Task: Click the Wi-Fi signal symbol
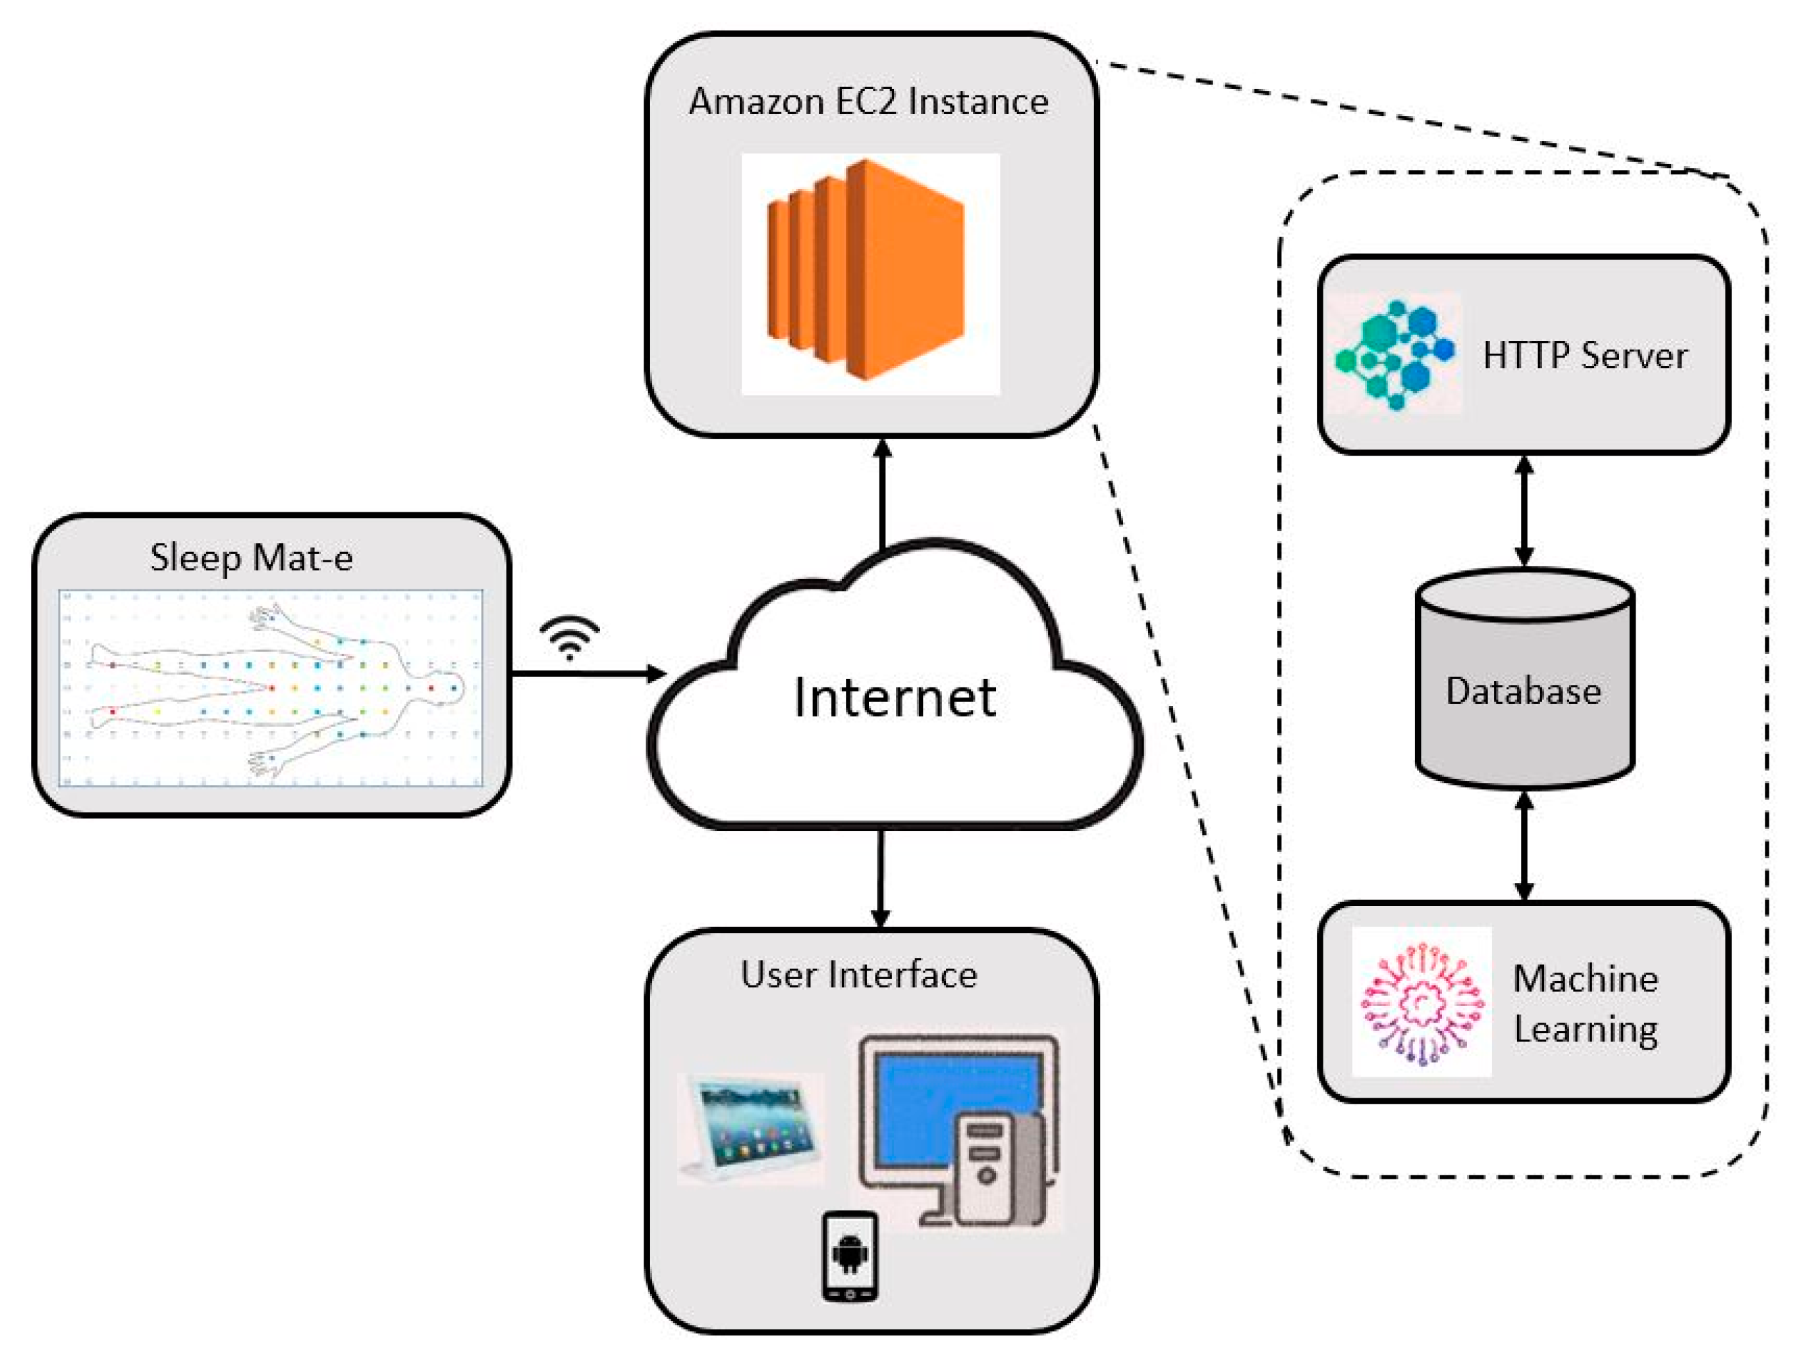[570, 636]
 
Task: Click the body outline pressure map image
[271, 689]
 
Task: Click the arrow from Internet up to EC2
[882, 494]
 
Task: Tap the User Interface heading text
[858, 975]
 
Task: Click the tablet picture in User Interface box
[750, 1128]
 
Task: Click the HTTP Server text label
[1584, 356]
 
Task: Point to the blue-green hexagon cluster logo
[1394, 354]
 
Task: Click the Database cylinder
[1524, 680]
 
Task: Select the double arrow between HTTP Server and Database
[1524, 512]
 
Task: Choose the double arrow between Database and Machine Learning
[1524, 847]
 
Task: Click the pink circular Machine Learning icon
[1422, 1003]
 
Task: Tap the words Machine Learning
[1585, 1003]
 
